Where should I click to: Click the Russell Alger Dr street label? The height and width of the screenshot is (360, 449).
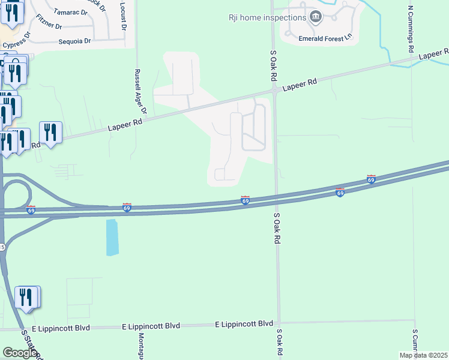pyautogui.click(x=140, y=91)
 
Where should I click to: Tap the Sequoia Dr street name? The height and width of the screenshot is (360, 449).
pyautogui.click(x=74, y=41)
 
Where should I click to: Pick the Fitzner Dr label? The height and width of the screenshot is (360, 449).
pyautogui.click(x=49, y=22)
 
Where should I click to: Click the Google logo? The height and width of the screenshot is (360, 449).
pyautogui.click(x=19, y=353)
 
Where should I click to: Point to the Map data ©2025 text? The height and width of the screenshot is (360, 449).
pyautogui.click(x=424, y=355)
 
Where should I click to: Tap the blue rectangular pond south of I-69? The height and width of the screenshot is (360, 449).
pyautogui.click(x=112, y=238)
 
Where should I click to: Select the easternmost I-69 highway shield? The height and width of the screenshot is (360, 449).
pyautogui.click(x=371, y=179)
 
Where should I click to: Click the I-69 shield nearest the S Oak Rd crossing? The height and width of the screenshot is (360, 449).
pyautogui.click(x=246, y=200)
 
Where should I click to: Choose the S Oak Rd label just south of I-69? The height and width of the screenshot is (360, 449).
pyautogui.click(x=277, y=226)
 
